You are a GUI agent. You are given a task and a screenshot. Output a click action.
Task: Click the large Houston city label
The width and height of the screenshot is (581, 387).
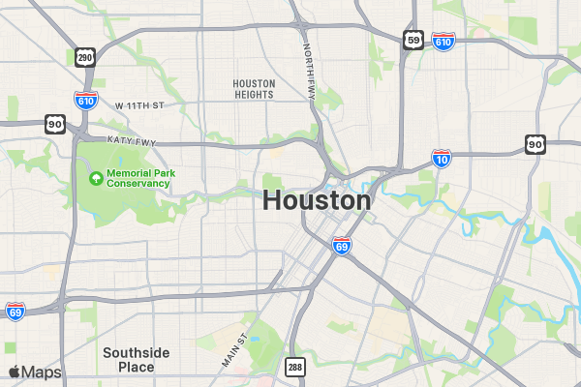pyautogui.click(x=317, y=200)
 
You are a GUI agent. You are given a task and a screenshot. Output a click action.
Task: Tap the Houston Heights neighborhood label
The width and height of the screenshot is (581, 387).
pyautogui.click(x=254, y=89)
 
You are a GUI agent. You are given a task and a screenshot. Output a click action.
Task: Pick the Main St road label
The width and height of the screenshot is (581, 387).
pyautogui.click(x=235, y=350)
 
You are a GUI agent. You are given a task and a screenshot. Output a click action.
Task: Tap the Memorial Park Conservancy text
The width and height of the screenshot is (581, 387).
pyautogui.click(x=138, y=177)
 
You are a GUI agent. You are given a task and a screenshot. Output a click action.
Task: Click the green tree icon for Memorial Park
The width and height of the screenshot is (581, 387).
pyautogui.click(x=96, y=177)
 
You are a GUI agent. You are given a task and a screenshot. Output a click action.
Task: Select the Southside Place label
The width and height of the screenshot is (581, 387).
pyautogui.click(x=137, y=359)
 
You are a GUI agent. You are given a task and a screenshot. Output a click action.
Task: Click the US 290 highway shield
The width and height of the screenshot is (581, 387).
pyautogui.click(x=85, y=58)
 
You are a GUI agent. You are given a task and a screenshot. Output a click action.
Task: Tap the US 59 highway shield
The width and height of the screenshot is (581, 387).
pyautogui.click(x=413, y=39)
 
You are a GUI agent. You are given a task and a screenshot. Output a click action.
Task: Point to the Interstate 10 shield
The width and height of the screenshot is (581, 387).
pyautogui.click(x=441, y=159)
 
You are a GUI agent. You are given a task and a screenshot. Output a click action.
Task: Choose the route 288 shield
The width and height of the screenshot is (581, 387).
pyautogui.click(x=294, y=367)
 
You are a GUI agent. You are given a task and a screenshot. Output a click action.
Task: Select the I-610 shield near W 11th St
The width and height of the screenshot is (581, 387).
pyautogui.click(x=85, y=100)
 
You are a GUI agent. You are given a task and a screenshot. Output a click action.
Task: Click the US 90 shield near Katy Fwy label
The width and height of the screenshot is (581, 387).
pyautogui.click(x=54, y=124)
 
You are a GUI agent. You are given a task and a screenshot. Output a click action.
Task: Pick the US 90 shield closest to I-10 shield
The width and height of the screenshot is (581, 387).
pyautogui.click(x=535, y=144)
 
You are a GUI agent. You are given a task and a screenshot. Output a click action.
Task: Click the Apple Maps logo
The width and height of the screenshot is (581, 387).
pyautogui.click(x=35, y=372)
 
